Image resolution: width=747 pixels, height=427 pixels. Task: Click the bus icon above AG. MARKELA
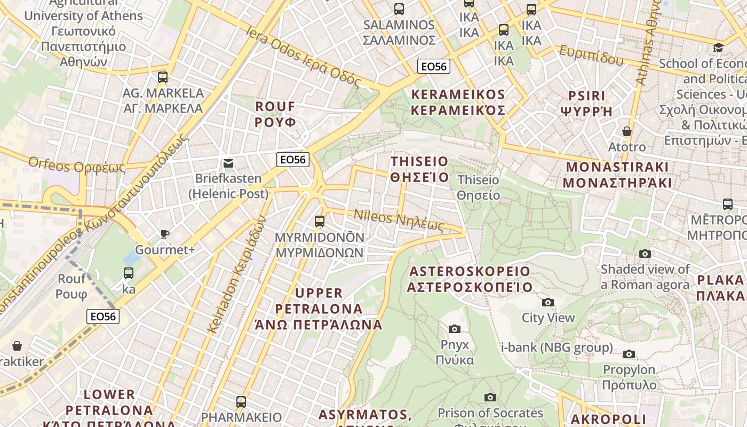click(x=163, y=77)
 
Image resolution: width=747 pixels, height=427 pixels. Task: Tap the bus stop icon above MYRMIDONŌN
click(x=320, y=221)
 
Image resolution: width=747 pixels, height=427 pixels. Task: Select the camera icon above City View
click(x=547, y=303)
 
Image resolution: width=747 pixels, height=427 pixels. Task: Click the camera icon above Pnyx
click(x=455, y=329)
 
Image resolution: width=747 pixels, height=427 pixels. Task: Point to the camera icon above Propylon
click(x=629, y=354)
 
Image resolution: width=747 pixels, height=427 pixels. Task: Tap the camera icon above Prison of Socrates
click(x=490, y=397)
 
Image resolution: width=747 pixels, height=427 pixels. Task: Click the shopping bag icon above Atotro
click(x=627, y=131)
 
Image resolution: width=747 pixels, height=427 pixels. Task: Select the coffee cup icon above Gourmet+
click(x=165, y=234)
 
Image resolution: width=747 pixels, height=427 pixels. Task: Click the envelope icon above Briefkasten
click(x=228, y=163)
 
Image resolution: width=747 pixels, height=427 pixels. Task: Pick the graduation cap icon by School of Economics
click(x=718, y=48)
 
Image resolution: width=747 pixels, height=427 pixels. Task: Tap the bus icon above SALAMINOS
click(x=399, y=9)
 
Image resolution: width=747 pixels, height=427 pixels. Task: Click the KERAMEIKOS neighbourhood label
click(x=458, y=102)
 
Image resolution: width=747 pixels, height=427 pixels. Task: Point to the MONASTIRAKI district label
click(x=617, y=175)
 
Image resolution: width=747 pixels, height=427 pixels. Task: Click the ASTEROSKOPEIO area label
click(x=470, y=279)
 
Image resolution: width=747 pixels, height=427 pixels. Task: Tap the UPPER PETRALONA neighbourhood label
click(x=319, y=309)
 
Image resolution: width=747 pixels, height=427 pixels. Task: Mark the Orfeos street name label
click(x=76, y=165)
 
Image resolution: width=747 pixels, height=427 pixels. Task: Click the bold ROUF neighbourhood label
click(x=275, y=114)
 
